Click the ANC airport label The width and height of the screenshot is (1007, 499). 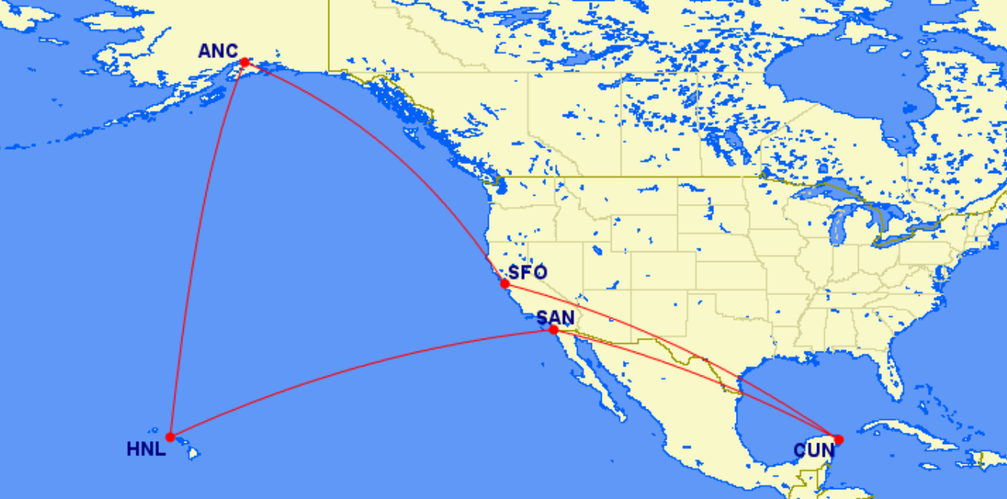pos(218,51)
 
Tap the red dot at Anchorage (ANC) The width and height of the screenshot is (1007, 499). pos(245,62)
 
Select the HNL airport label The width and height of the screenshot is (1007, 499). pos(146,450)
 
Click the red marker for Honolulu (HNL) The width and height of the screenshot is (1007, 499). pos(170,437)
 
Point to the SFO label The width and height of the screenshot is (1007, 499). pos(528,272)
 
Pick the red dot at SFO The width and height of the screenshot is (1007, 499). pos(505,284)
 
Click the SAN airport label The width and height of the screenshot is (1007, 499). pos(555,318)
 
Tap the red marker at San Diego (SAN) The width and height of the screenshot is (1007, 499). pos(554,330)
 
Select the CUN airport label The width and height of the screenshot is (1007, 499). pos(814,451)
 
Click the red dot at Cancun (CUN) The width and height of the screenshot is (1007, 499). pos(839,440)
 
